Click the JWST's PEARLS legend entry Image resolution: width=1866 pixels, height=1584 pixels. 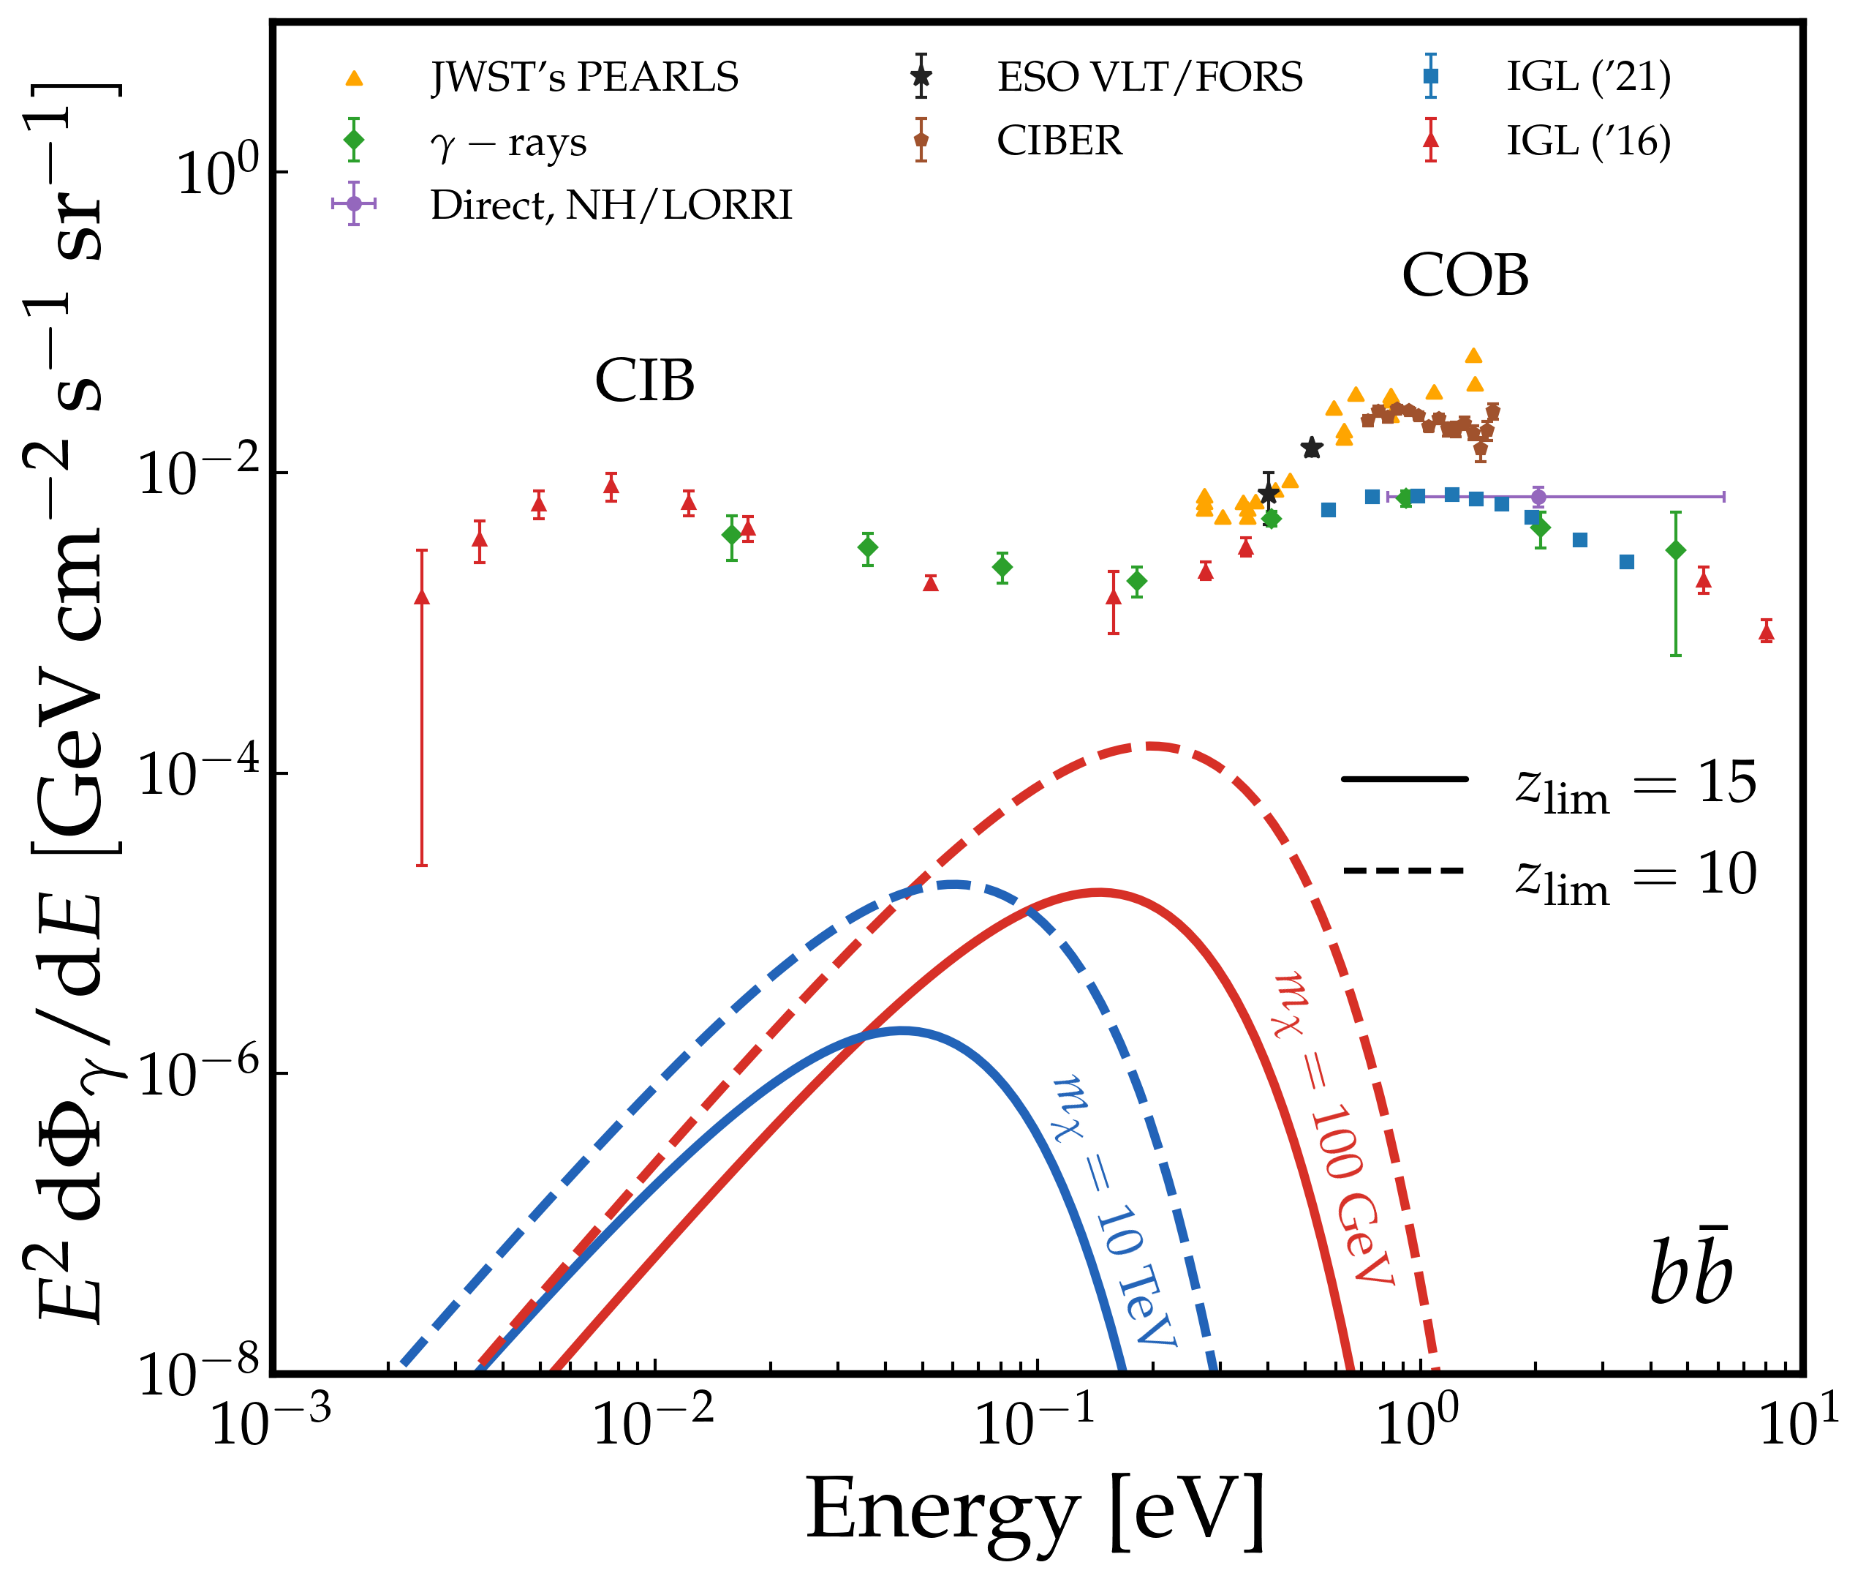[584, 78]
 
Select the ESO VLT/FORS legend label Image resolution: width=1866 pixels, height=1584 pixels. [1149, 78]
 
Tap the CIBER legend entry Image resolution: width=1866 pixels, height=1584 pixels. [1059, 141]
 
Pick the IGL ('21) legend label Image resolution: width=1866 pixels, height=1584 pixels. [1587, 78]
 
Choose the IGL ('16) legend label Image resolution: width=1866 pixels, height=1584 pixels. [1587, 141]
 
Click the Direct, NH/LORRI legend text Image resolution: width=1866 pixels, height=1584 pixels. [611, 206]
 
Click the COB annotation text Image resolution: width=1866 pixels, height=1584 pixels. [1465, 275]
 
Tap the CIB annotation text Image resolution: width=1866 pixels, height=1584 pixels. [644, 380]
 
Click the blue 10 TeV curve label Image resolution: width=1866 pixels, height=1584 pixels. [1114, 1212]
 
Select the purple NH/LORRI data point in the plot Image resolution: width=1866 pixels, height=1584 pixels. [1538, 497]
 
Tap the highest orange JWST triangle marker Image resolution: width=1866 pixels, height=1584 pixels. [1473, 356]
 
